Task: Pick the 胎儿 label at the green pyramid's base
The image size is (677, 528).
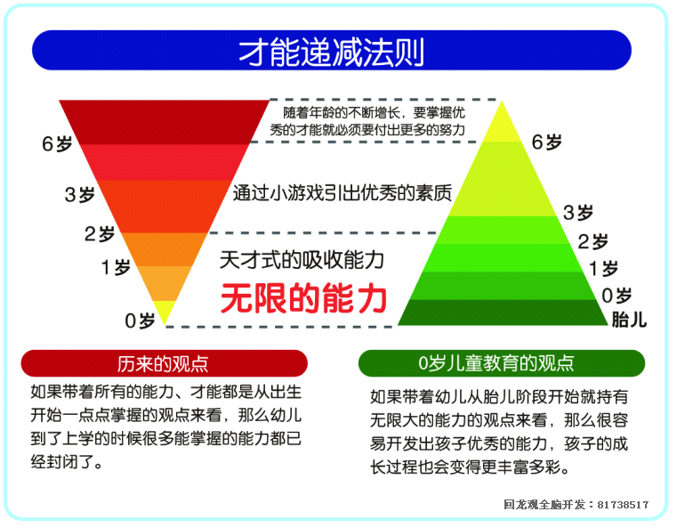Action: click(x=629, y=319)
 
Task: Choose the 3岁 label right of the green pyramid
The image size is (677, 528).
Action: click(x=578, y=212)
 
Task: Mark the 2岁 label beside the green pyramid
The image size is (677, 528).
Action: click(x=593, y=241)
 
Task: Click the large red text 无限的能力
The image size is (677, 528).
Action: click(x=304, y=297)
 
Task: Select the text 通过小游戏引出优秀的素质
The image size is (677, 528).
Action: click(x=342, y=191)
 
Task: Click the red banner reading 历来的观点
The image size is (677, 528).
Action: click(x=164, y=363)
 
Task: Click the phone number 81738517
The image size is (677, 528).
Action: click(x=623, y=505)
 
